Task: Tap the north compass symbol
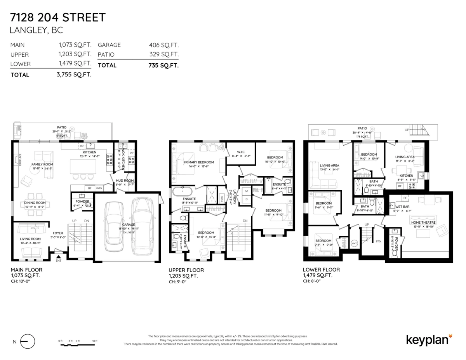27,342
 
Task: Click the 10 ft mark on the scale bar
95,341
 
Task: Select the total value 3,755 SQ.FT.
74,75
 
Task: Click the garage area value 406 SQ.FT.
163,45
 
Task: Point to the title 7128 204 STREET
57,17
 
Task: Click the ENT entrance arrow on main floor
59,256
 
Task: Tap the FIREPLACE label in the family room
15,160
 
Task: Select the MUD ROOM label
124,181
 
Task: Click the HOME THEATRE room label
423,222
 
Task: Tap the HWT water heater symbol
354,243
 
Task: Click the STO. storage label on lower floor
378,241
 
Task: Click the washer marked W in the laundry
246,191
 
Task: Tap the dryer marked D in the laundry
246,199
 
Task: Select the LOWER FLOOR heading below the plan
321,270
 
